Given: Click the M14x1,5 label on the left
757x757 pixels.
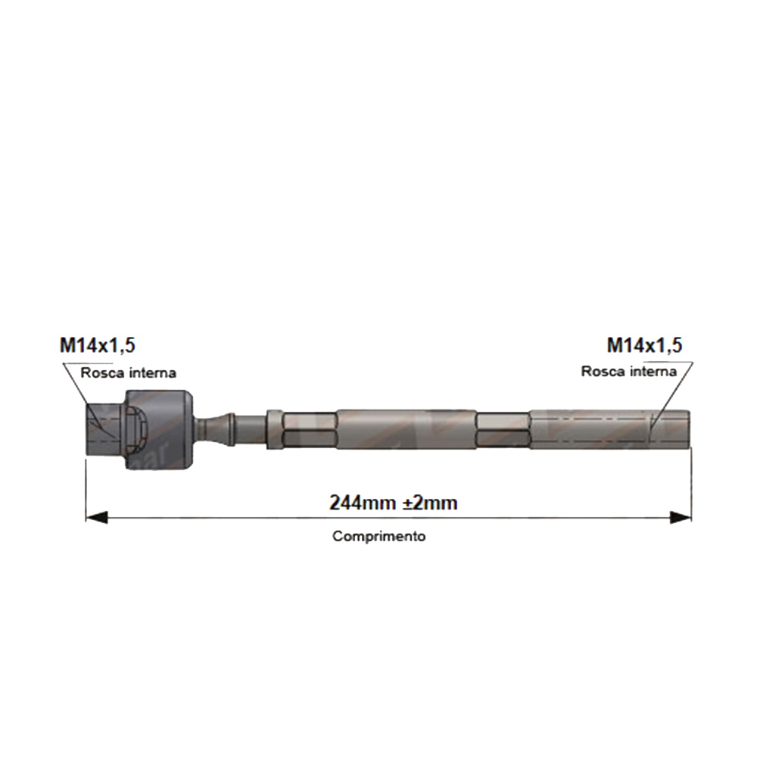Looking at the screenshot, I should point(98,346).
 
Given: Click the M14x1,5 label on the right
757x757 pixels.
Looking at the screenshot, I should point(644,346).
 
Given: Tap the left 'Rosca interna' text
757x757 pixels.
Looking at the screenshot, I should point(129,372).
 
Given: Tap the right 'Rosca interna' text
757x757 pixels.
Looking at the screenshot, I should point(629,372).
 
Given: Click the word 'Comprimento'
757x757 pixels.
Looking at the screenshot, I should point(379,536).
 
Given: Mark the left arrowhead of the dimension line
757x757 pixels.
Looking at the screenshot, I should point(95,518).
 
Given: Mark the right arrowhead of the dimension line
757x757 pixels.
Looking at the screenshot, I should point(681,518).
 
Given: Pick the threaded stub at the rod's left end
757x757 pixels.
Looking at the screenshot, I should point(103,429).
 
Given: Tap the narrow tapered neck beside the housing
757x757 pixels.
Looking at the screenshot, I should point(220,428).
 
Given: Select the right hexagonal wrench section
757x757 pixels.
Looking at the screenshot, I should point(503,430).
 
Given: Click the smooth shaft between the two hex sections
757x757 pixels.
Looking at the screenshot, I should point(406,430).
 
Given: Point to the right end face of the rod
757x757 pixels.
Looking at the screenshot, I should point(689,430).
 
